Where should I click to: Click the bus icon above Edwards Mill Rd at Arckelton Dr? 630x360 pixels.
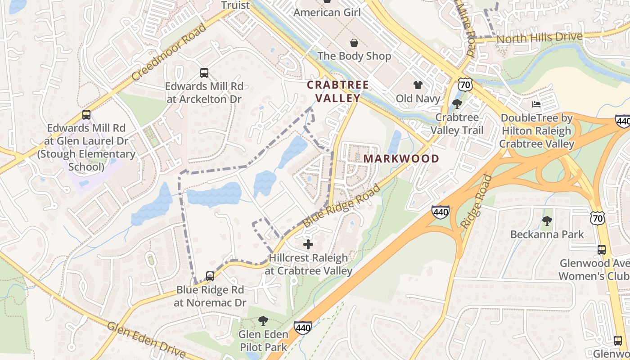tap(204, 72)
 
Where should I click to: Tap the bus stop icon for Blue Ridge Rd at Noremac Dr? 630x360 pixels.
tap(210, 276)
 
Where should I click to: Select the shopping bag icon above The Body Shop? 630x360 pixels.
tap(354, 43)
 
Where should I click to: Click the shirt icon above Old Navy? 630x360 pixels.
tap(418, 85)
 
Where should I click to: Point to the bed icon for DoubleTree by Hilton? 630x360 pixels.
tap(536, 104)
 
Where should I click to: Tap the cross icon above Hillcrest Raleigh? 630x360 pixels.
tap(308, 244)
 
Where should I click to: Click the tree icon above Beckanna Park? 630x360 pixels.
tap(547, 220)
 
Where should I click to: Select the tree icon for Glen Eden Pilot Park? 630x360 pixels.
tap(263, 321)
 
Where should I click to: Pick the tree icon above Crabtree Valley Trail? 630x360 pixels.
tap(457, 104)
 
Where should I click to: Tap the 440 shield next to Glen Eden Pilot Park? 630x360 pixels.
tap(302, 328)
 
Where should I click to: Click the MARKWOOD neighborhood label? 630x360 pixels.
tap(401, 158)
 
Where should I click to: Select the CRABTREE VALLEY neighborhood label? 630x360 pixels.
tap(337, 91)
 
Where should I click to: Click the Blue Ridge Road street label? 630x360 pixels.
tap(342, 206)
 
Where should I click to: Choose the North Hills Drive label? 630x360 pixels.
tap(539, 38)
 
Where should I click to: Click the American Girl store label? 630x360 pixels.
tap(327, 12)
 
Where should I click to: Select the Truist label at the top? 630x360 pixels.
tap(235, 5)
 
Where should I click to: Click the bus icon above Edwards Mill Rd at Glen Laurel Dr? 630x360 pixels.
tap(86, 115)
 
